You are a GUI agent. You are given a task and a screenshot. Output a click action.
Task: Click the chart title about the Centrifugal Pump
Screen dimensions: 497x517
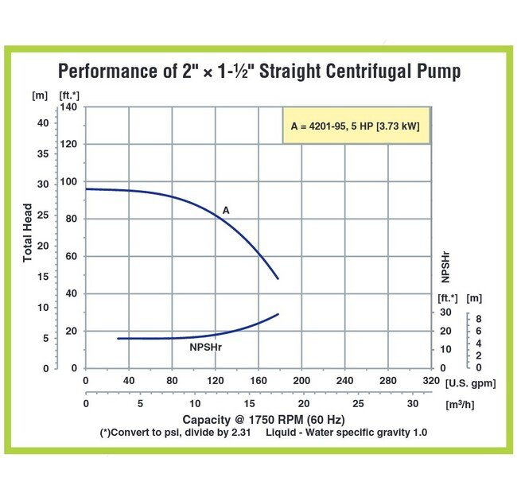[x=258, y=72]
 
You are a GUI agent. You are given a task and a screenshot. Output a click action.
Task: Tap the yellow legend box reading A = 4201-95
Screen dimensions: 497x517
[x=356, y=126]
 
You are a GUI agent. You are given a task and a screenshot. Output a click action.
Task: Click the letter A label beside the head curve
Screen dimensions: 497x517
[x=226, y=211]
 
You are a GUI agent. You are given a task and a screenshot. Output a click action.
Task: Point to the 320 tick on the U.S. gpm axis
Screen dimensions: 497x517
[x=430, y=381]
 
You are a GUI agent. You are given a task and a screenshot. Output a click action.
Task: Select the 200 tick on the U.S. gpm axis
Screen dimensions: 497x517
[x=301, y=381]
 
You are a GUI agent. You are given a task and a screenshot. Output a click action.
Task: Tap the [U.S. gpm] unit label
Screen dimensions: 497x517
[x=470, y=383]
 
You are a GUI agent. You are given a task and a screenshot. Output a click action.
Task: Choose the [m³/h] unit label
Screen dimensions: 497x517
[x=462, y=405]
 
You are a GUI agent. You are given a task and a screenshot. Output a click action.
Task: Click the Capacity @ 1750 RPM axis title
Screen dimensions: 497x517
[x=252, y=419]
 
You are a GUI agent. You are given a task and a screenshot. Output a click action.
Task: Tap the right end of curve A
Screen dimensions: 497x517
[x=278, y=279]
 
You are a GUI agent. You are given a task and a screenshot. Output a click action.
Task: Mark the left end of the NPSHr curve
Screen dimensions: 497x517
[x=118, y=338]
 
